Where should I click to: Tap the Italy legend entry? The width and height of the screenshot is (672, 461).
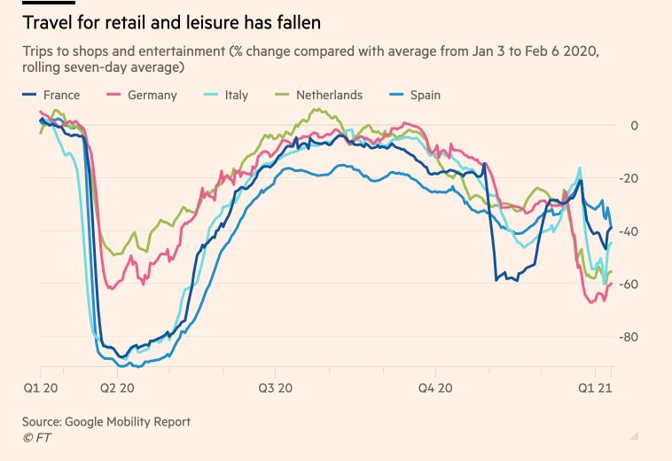tap(235, 95)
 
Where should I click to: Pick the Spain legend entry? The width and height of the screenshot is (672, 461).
tap(425, 95)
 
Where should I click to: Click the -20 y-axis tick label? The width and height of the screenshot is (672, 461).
tap(629, 178)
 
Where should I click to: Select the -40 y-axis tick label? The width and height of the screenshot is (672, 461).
tap(629, 231)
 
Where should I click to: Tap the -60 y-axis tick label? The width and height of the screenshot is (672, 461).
tap(629, 284)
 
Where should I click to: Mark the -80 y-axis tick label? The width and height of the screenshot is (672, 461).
tap(629, 337)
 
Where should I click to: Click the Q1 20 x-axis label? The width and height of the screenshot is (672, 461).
tap(40, 387)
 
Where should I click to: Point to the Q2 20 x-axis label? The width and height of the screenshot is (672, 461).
tap(117, 387)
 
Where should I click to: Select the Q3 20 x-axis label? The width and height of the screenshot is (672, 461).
tap(276, 387)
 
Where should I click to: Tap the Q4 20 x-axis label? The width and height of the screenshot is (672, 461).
tap(434, 387)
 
